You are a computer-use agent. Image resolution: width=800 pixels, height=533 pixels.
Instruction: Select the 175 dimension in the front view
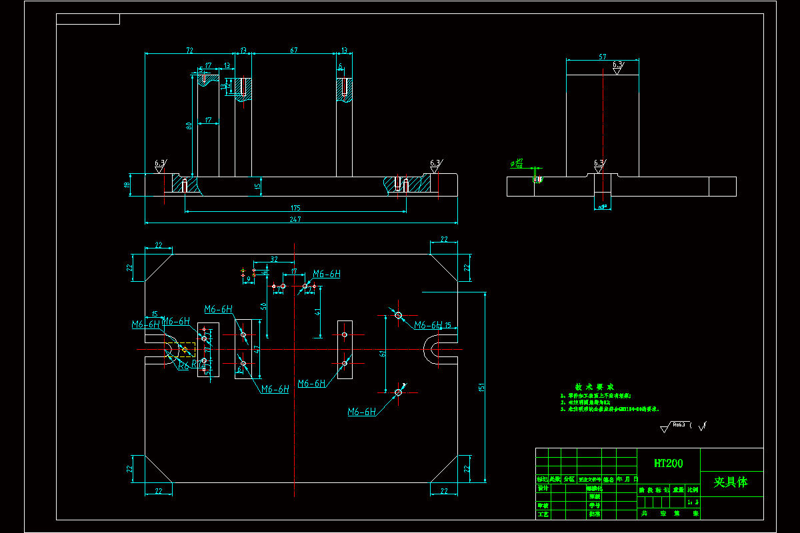coord(295,207)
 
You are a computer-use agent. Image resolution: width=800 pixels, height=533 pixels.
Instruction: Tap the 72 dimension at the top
coord(189,51)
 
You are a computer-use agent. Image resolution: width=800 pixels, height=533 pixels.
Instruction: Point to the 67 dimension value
coord(293,51)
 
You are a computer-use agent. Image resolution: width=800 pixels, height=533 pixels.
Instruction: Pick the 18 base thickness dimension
coord(127,185)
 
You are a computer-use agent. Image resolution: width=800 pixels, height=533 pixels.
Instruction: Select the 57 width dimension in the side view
coord(603,57)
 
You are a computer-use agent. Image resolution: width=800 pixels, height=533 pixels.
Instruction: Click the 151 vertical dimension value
coord(482,386)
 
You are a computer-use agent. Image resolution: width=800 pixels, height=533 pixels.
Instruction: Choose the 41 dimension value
coord(317,310)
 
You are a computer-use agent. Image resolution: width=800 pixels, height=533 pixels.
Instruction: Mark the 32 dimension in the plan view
coord(274,259)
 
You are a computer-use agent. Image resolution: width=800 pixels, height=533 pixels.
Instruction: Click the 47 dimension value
coord(257,347)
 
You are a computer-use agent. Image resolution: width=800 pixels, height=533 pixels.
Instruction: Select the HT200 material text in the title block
coord(668,463)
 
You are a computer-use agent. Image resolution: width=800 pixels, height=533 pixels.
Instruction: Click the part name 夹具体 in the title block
coord(731,482)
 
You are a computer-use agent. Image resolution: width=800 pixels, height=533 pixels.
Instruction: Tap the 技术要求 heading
coord(595,387)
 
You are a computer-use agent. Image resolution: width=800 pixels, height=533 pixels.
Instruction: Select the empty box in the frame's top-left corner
coord(88,19)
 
